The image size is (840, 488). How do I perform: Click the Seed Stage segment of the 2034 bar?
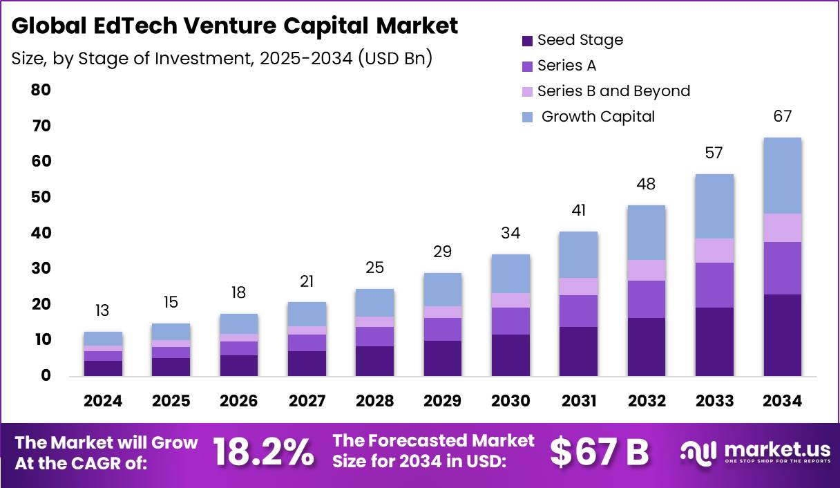click(782, 335)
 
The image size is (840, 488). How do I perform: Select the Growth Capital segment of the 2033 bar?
click(714, 206)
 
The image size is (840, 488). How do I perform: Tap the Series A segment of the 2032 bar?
click(647, 299)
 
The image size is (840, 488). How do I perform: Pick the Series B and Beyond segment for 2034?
click(782, 227)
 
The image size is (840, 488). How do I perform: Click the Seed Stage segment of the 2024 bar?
click(104, 368)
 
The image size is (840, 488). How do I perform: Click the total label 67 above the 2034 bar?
click(782, 116)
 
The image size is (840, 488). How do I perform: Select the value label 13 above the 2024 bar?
click(102, 310)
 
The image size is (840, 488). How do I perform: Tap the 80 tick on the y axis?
click(41, 90)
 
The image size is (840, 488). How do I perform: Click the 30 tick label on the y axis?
click(41, 268)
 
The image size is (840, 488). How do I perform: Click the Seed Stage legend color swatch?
click(527, 41)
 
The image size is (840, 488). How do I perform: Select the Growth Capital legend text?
click(598, 116)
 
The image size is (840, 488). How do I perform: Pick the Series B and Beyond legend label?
click(613, 91)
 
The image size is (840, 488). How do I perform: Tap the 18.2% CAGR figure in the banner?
click(263, 453)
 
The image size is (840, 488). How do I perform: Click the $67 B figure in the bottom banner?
click(599, 453)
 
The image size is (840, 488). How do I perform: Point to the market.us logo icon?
click(698, 453)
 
